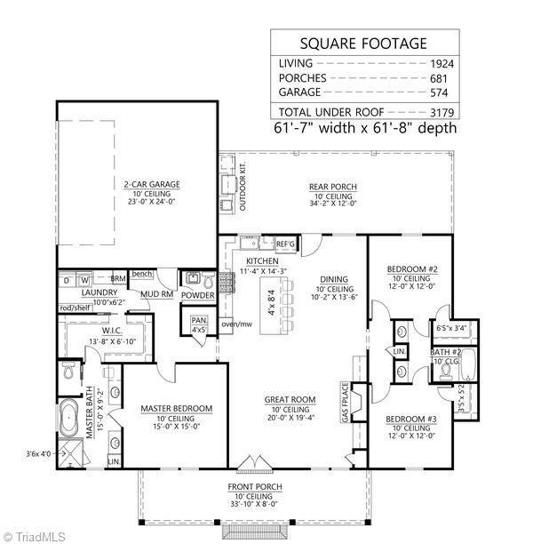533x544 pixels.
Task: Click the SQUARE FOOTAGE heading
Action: (x=363, y=44)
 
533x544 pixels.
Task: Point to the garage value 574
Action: (x=442, y=92)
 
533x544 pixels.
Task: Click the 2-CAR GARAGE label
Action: (x=152, y=185)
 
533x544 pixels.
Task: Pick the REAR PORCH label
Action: (x=333, y=187)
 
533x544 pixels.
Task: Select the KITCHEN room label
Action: (x=251, y=260)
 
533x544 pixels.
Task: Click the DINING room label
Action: (x=333, y=278)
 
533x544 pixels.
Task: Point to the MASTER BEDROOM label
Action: (x=177, y=409)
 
